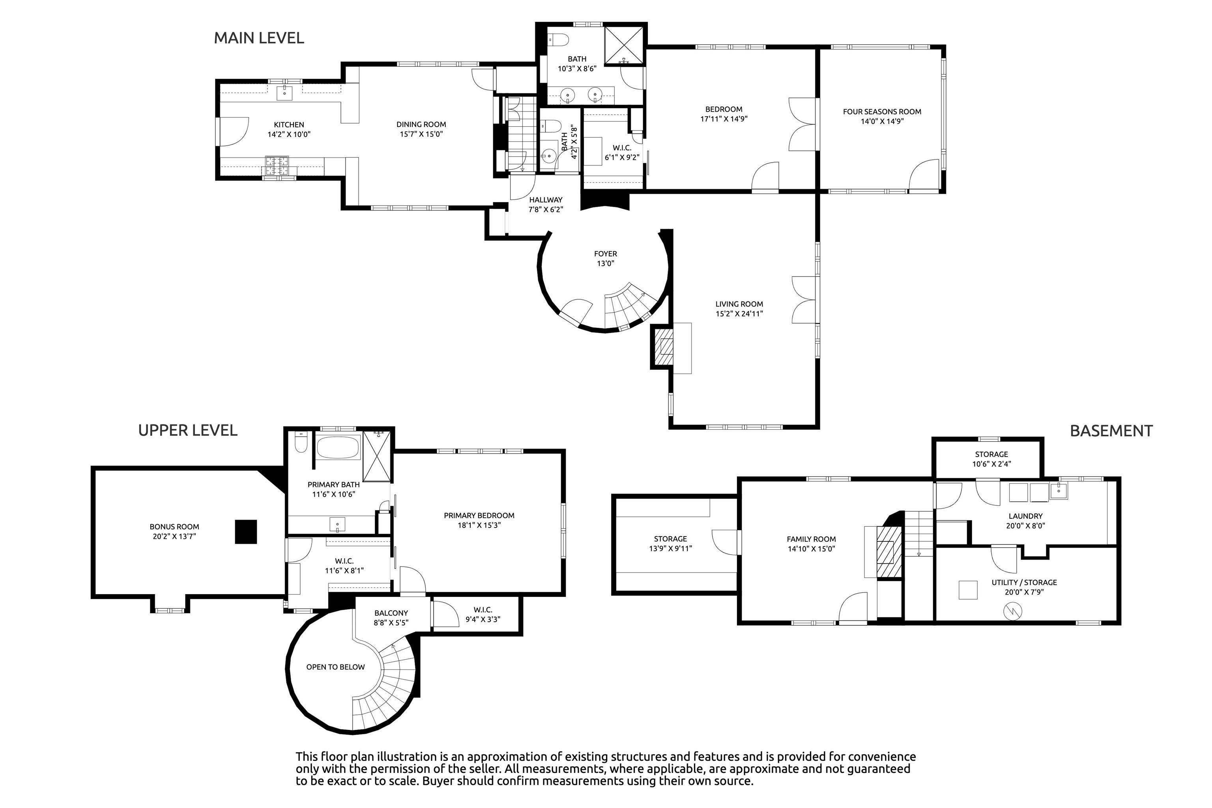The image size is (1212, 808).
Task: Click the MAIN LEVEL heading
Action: click(x=259, y=38)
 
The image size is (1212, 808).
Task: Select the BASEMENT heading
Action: click(x=1111, y=431)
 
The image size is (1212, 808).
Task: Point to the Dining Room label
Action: click(x=421, y=124)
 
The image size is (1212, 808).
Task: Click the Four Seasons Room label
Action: click(x=882, y=111)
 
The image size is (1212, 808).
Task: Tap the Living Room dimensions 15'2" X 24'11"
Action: click(x=739, y=313)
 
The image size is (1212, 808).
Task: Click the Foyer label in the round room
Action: click(x=606, y=254)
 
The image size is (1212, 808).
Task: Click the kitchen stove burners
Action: click(x=277, y=166)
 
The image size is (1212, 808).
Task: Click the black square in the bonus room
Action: click(x=246, y=531)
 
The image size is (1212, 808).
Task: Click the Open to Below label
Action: click(x=335, y=667)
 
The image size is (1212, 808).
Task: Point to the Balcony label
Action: click(x=391, y=613)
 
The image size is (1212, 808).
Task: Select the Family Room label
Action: click(x=811, y=539)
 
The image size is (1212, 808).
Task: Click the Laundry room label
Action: click(x=1025, y=516)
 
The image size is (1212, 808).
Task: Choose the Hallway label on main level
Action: click(x=546, y=200)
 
